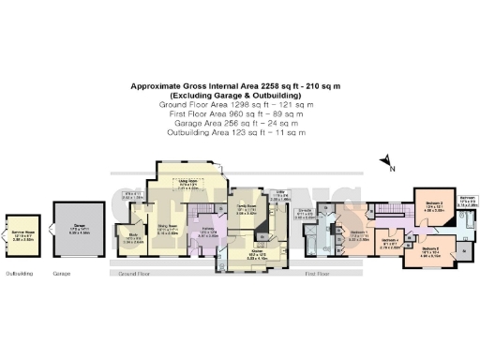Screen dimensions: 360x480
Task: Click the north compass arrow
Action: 386,163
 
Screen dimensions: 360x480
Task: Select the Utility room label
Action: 281,195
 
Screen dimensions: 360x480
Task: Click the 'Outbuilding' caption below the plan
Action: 19,275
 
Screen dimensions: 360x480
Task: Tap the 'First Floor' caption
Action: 318,275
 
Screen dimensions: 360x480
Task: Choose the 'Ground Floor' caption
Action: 135,275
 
